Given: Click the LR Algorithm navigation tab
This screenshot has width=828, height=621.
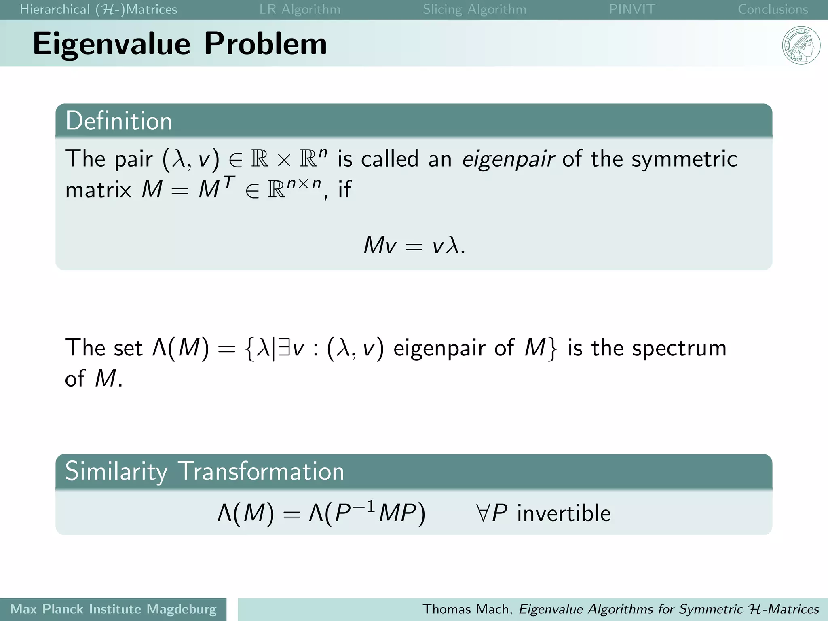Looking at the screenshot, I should point(300,9).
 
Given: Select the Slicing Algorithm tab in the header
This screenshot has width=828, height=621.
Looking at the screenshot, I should point(474,9).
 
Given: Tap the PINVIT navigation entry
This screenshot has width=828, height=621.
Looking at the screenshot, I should point(632,9).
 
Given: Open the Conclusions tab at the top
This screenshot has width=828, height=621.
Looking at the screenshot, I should point(773,9).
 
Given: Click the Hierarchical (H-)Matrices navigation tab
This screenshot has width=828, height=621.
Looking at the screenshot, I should point(98,9).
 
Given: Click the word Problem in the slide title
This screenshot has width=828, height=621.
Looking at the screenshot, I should point(265,44).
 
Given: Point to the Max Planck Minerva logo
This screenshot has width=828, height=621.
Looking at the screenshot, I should point(801,45).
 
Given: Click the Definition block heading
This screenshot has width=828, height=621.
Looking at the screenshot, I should point(119,121).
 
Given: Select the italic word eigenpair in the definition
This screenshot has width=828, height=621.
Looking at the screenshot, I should point(507,159).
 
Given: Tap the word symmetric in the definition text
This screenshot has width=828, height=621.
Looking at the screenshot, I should point(684,159).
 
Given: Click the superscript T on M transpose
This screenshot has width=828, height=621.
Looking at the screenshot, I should point(229,183).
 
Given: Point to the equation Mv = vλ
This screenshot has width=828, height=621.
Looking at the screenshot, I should point(414,245).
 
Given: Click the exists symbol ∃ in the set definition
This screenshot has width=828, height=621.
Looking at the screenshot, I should point(284,348).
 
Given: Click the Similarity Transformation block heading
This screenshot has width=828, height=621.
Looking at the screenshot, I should point(204,471).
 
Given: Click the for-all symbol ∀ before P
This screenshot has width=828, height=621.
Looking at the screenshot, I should point(483,513).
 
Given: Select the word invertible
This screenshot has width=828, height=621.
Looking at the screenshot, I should point(564,513).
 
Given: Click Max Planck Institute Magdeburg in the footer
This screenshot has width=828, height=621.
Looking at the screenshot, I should point(113,609).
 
